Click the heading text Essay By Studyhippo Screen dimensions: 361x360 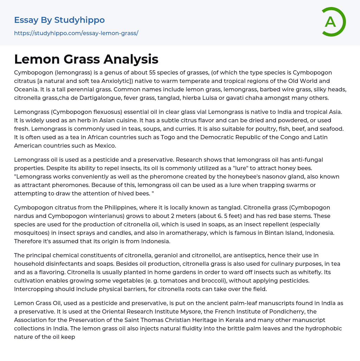[x=59, y=20]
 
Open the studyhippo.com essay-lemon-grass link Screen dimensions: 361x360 [x=76, y=33]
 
